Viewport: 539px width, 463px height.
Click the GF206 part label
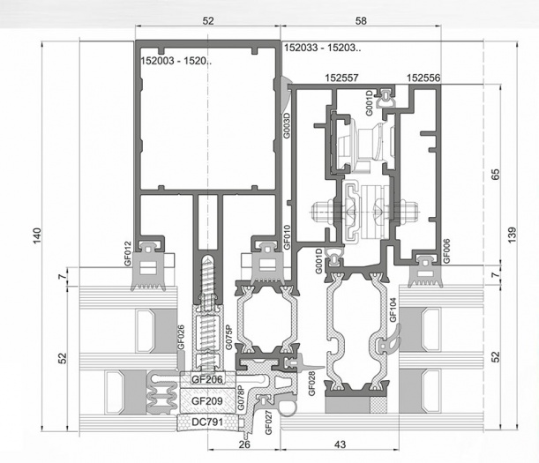tap(207, 379)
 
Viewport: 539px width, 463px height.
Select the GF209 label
tap(207, 400)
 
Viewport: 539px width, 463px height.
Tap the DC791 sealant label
tap(207, 422)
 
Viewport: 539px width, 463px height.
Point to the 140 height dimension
tap(37, 235)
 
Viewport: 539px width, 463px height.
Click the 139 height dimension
tap(512, 235)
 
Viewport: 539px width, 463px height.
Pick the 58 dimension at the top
tap(361, 21)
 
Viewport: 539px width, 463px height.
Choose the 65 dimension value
tap(496, 175)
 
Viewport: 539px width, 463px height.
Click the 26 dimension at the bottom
tap(244, 444)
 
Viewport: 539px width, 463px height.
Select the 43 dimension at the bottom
tap(340, 444)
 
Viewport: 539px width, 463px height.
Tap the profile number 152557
tap(341, 78)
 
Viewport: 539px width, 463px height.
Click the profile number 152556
tap(423, 78)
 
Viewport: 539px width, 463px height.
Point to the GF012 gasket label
tap(128, 254)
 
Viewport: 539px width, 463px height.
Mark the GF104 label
tap(393, 310)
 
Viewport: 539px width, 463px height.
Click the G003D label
tap(287, 126)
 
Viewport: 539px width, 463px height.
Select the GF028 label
tap(311, 384)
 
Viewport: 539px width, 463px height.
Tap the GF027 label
tap(268, 422)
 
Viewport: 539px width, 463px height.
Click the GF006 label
tap(446, 251)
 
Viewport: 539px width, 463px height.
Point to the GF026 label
tap(181, 337)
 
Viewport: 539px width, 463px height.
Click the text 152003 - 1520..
tap(176, 61)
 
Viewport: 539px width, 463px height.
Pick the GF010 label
tap(287, 237)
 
